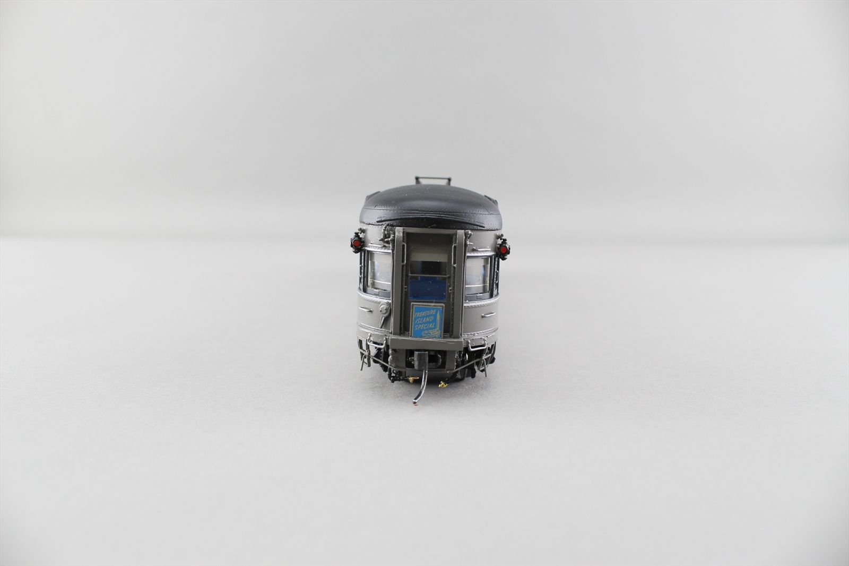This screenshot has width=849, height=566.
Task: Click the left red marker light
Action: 356,242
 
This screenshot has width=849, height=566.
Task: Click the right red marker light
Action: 504,249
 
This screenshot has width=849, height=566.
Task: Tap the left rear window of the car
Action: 379,271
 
